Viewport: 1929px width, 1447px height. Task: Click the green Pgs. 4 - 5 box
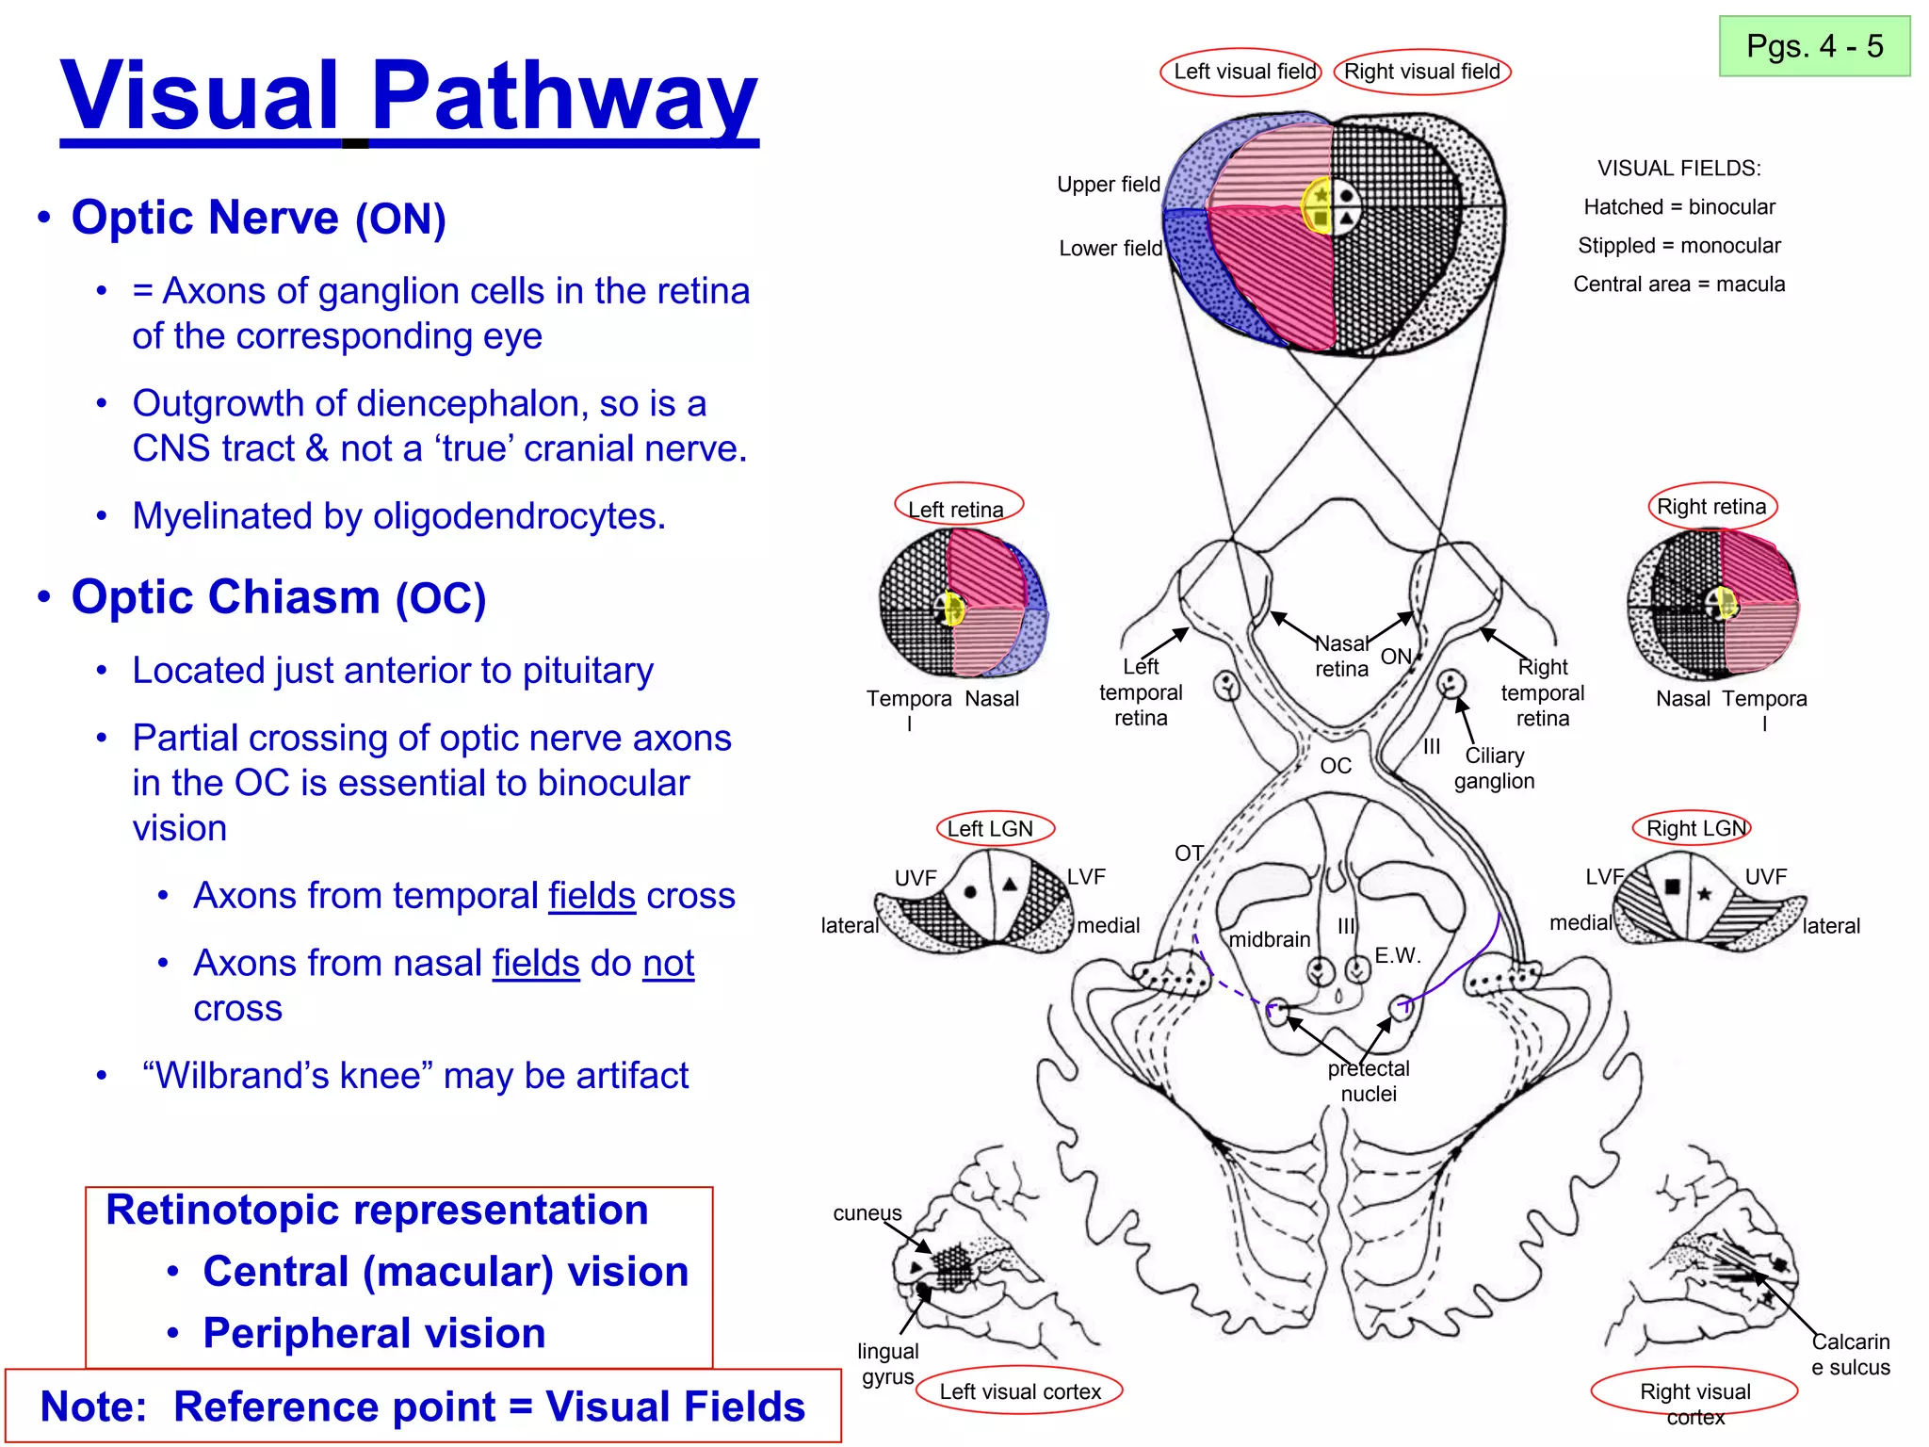(1814, 46)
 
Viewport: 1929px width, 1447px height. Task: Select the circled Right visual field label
(1422, 72)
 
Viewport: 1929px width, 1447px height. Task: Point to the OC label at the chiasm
(1336, 766)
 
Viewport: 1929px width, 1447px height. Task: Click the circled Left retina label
(957, 509)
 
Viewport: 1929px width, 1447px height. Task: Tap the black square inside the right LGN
(1672, 886)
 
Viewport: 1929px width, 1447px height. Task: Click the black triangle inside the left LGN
(1010, 885)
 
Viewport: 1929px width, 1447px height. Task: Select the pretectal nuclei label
(1369, 1081)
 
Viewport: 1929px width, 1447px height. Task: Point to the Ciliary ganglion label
(1494, 768)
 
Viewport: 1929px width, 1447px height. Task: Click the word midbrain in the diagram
(1269, 939)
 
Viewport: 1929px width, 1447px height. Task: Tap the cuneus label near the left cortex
(867, 1213)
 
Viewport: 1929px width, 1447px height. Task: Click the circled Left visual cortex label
(1019, 1391)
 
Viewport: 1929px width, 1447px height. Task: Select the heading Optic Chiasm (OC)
(279, 597)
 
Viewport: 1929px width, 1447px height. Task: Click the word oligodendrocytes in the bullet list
(519, 516)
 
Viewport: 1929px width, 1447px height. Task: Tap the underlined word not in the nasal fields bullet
(668, 964)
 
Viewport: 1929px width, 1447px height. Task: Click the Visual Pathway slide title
(409, 96)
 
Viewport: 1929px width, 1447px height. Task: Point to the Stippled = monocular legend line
(1678, 246)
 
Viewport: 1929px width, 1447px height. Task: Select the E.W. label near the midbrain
(1397, 955)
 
